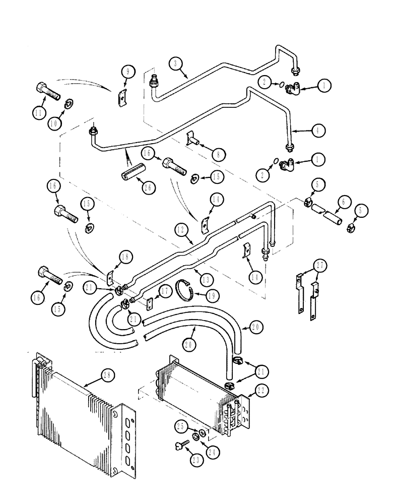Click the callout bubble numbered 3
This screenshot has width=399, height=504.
point(174,64)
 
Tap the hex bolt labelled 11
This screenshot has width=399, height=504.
point(48,94)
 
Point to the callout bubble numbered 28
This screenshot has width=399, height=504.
point(108,375)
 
